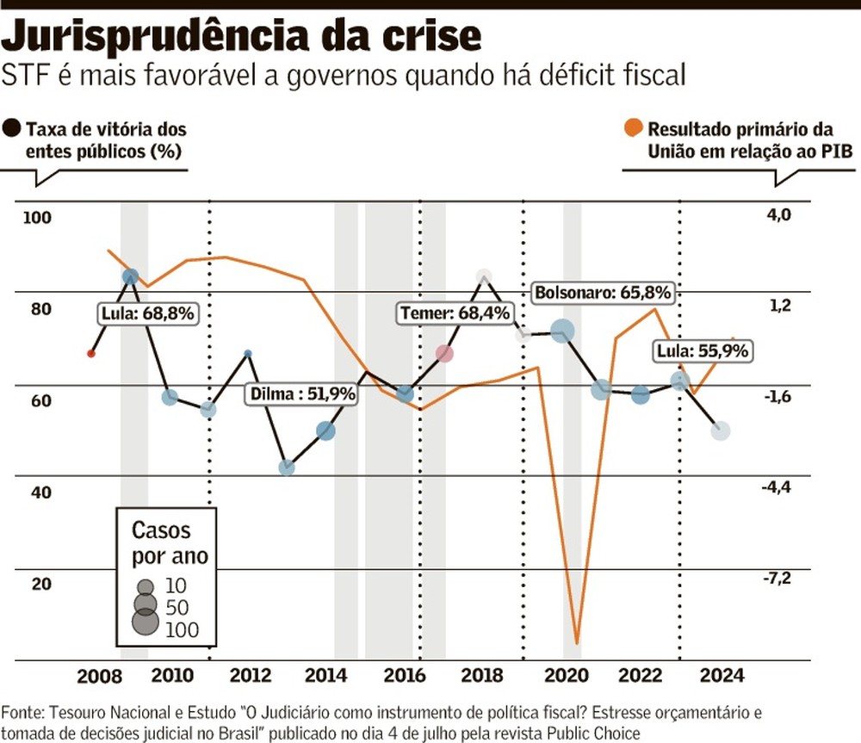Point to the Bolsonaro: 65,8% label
pyautogui.click(x=602, y=292)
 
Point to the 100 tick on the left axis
pyautogui.click(x=37, y=218)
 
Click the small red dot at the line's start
pyautogui.click(x=91, y=353)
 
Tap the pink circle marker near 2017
pyautogui.click(x=444, y=353)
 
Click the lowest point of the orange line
pyautogui.click(x=576, y=641)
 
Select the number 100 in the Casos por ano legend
pyautogui.click(x=181, y=629)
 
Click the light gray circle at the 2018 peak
pyautogui.click(x=484, y=276)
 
